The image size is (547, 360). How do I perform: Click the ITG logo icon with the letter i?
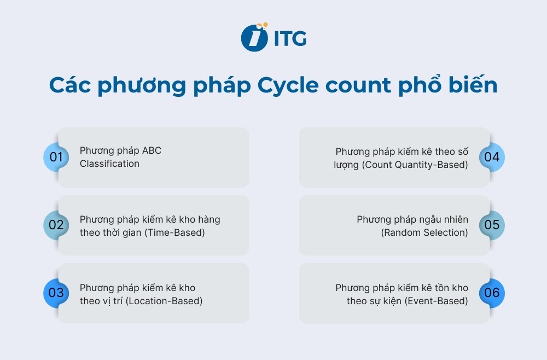click(253, 37)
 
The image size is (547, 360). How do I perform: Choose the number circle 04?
click(492, 157)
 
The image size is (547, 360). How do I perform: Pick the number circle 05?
click(492, 225)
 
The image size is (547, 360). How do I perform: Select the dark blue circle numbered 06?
click(492, 293)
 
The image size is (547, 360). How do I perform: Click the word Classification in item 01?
click(109, 164)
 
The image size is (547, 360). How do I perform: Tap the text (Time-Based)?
click(173, 233)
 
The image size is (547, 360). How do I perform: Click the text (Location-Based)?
click(164, 300)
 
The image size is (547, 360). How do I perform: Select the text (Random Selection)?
click(424, 233)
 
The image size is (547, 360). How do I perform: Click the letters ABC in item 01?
click(152, 150)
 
